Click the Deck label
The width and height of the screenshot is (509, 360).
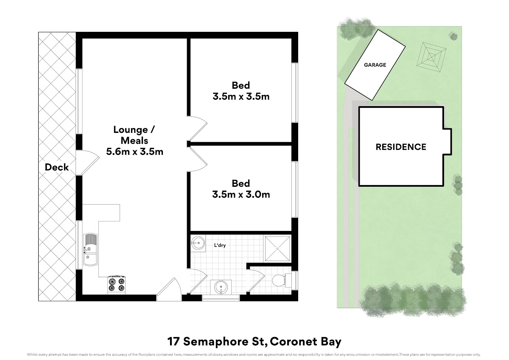(x=56, y=167)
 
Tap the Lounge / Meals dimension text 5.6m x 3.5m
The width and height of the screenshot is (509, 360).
(x=135, y=152)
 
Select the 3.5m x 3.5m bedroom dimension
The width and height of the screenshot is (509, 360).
(x=241, y=96)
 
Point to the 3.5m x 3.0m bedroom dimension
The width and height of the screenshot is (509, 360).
(x=241, y=194)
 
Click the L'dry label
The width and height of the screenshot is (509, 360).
(x=220, y=245)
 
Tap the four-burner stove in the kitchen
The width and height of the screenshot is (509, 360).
(x=117, y=285)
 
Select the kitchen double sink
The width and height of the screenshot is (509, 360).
(x=90, y=250)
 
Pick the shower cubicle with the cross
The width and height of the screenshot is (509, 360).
(x=277, y=249)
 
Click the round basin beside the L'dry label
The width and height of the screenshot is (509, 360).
(x=198, y=244)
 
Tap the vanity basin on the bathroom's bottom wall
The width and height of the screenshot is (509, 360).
(x=221, y=287)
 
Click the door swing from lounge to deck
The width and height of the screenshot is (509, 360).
(x=87, y=163)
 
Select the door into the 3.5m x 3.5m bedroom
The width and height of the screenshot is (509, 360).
(x=197, y=129)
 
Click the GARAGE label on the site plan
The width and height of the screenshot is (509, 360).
(x=375, y=65)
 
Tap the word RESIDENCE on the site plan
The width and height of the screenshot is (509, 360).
(x=401, y=147)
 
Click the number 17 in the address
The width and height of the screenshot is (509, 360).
(x=174, y=342)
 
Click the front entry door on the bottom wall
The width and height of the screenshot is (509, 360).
(x=169, y=289)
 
